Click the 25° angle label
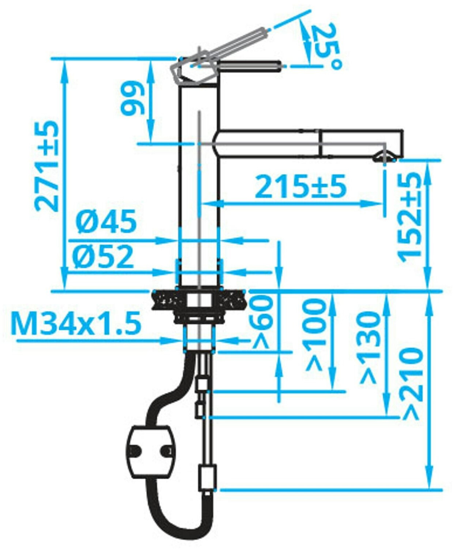[x=328, y=47]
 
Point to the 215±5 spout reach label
[x=300, y=187]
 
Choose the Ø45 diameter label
[x=106, y=221]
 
